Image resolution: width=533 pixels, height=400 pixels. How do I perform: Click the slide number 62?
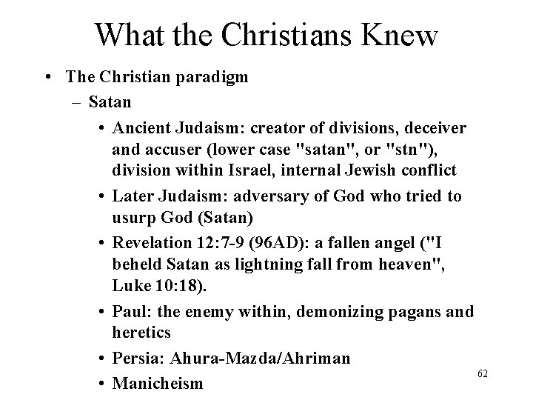coord(483,377)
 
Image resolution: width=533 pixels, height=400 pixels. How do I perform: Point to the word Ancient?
coord(142,128)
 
